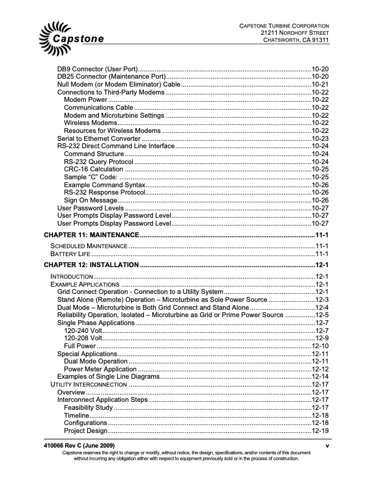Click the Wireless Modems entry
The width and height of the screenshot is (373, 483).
tap(91, 123)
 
